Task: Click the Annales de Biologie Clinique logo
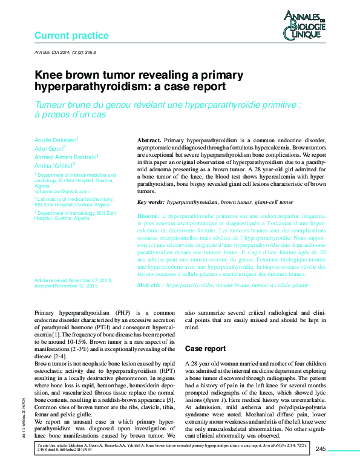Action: tap(306, 27)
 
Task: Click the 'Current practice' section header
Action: tap(71, 36)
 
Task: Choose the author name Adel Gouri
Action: tap(48, 148)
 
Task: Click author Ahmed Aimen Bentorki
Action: tap(65, 156)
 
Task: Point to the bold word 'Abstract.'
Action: tap(149, 140)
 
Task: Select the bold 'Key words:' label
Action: tap(151, 202)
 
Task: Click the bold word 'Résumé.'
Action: tap(148, 216)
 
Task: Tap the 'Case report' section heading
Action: tap(205, 349)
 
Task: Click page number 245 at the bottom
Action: tap(321, 448)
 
